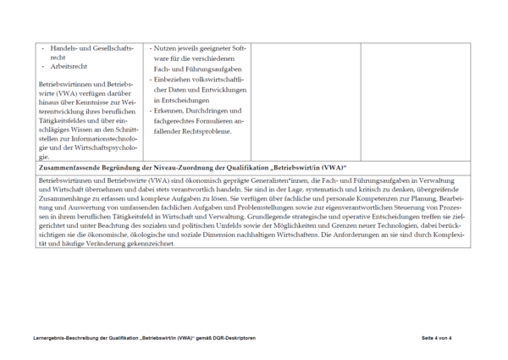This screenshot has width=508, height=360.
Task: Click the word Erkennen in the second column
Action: pos(172,110)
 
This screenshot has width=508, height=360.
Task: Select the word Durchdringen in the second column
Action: pos(214,110)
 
